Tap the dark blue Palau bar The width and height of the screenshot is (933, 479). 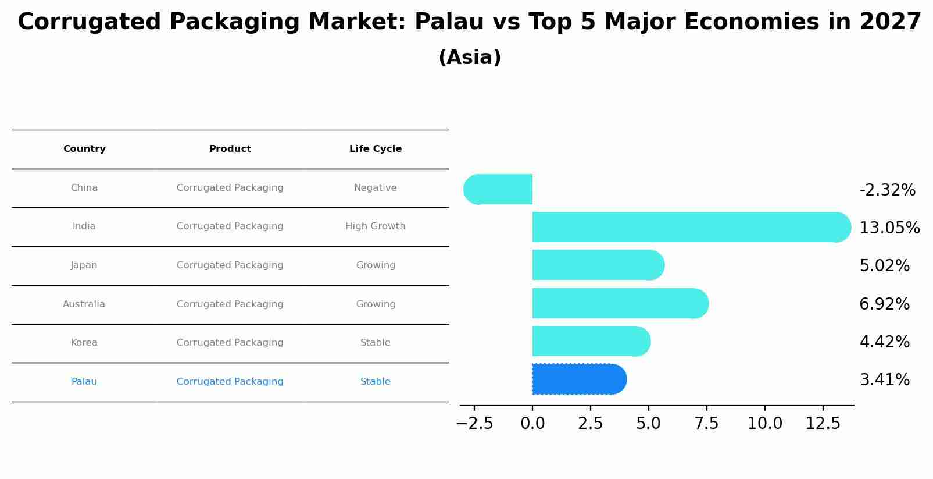[579, 379]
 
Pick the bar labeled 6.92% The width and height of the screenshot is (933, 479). [620, 303]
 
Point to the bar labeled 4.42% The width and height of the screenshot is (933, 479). [591, 341]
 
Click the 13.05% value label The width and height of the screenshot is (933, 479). [889, 228]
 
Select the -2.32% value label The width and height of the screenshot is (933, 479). [887, 190]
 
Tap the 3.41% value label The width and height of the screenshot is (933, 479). [884, 380]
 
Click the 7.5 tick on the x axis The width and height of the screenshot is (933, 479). [706, 424]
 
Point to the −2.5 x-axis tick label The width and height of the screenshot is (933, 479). [474, 424]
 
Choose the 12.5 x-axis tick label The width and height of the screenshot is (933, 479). [823, 424]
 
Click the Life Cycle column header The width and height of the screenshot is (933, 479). [376, 149]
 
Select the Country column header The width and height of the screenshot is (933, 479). [84, 149]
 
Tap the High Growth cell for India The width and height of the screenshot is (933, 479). [376, 226]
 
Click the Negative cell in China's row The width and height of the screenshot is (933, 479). [376, 188]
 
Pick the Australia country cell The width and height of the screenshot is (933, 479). [84, 304]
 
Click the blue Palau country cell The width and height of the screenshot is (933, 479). [84, 382]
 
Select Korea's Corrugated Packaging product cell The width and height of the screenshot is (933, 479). [230, 343]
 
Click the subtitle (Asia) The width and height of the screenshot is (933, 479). [470, 58]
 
